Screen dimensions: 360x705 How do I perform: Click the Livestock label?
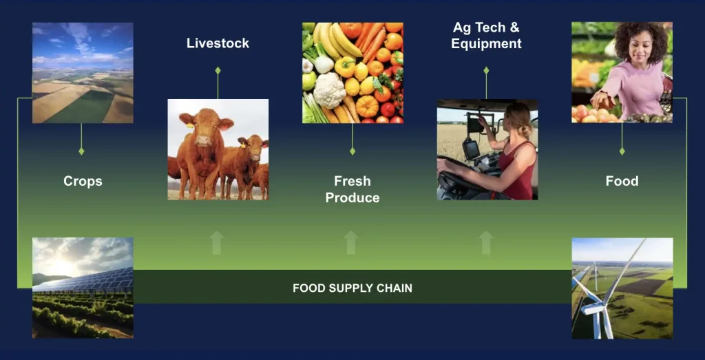(218, 43)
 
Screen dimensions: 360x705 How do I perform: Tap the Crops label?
(83, 181)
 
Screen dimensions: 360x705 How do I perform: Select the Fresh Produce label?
(352, 189)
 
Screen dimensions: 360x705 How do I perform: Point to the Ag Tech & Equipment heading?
(486, 36)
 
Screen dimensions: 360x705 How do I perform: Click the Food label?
(622, 181)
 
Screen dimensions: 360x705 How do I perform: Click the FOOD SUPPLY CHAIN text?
(352, 288)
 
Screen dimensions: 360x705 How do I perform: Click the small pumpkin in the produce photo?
(367, 106)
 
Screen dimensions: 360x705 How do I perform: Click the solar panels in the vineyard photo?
(86, 279)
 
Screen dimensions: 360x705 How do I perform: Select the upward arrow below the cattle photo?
(217, 242)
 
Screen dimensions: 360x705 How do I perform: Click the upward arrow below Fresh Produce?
(351, 242)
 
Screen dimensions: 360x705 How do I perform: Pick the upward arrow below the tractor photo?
(486, 242)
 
